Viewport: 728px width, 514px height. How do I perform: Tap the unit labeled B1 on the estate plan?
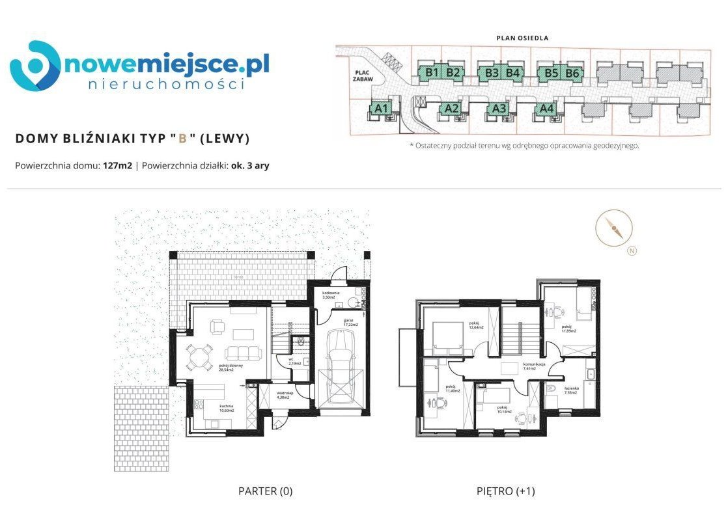430,73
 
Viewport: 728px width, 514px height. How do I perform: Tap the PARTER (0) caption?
265,491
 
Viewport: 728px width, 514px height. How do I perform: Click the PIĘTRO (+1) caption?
505,491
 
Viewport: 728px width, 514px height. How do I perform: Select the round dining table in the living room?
197,356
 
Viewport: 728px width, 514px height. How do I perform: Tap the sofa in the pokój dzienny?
242,354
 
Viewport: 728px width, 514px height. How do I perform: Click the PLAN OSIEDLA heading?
522,38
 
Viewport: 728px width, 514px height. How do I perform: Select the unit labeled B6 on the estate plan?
572,73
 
